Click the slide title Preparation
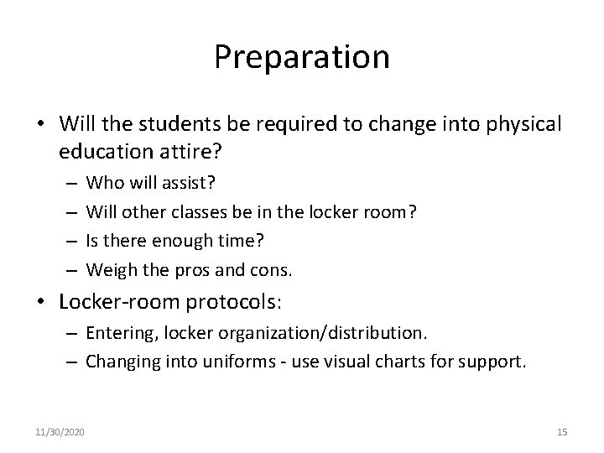click(x=301, y=57)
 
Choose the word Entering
click(x=118, y=333)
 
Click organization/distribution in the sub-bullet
click(x=323, y=333)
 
